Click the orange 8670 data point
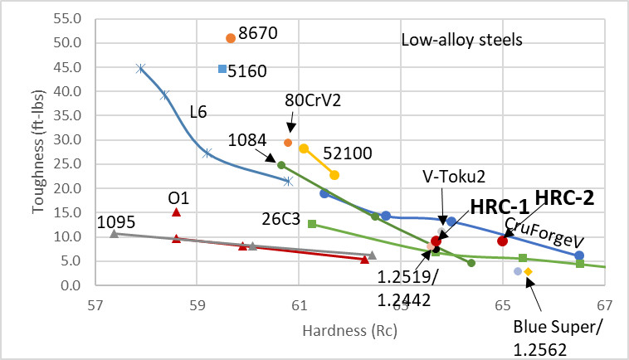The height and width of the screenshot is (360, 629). tap(231, 38)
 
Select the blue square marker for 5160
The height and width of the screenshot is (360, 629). tap(222, 69)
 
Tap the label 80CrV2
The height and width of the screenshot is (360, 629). tap(290, 100)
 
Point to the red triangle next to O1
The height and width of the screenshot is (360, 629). tap(176, 212)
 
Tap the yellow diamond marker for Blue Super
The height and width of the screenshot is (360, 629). tap(528, 271)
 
